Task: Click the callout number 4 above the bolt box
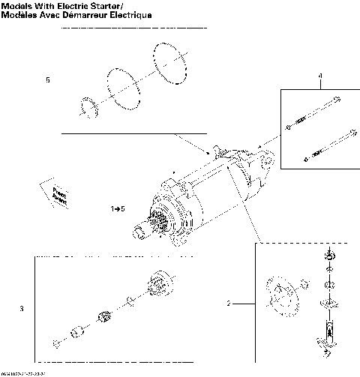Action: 319,76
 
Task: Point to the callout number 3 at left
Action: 22,308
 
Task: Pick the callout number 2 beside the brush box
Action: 229,304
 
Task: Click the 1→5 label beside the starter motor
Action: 115,205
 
